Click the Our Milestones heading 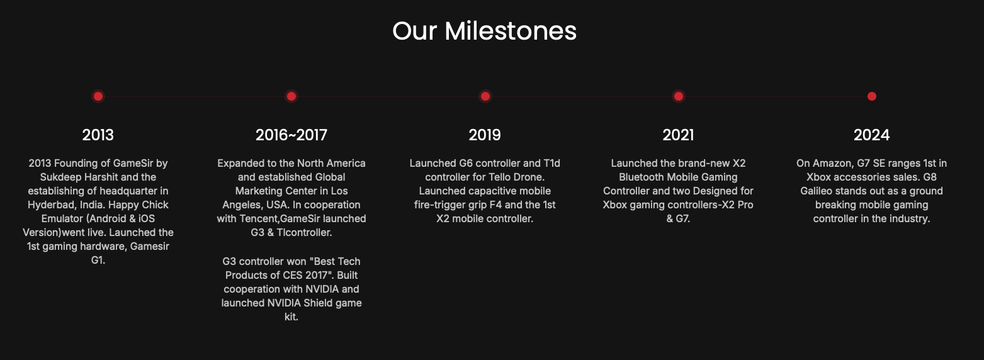coord(485,31)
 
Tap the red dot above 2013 coord(98,96)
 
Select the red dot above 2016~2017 coord(291,96)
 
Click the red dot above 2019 coord(485,96)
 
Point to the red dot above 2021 coord(678,96)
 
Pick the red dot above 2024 coord(872,96)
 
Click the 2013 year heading coord(98,135)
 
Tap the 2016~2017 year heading coord(291,135)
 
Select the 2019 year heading coord(485,135)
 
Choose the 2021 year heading coord(678,135)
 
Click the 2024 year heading coord(871,135)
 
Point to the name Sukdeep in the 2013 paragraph coord(59,177)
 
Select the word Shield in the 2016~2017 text coord(317,303)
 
